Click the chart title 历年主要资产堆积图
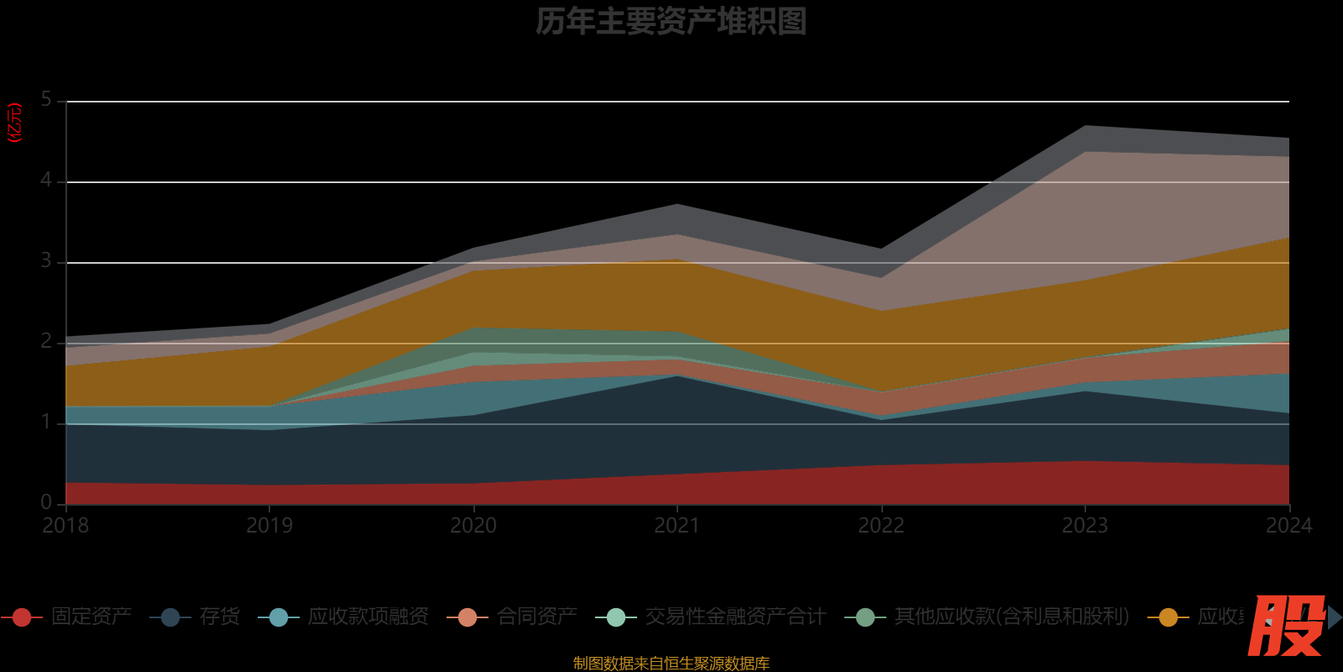coord(671,22)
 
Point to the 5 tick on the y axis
coord(46,100)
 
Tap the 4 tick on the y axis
coord(46,181)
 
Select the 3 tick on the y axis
coord(46,261)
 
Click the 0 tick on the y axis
coord(46,502)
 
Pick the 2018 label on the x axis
coord(65,526)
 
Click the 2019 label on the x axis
coord(269,526)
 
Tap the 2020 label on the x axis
coord(473,526)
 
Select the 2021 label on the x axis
coord(677,526)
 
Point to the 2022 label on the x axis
coord(881,526)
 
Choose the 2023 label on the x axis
coord(1085,526)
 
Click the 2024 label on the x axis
coord(1288,526)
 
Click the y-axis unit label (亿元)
coord(14,123)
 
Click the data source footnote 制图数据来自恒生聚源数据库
coord(671,664)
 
